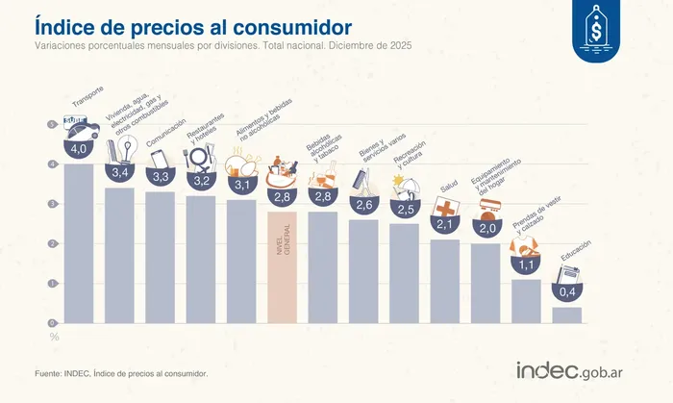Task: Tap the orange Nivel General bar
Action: (x=282, y=269)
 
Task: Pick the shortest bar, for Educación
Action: (x=566, y=315)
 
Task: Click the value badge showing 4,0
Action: (x=79, y=149)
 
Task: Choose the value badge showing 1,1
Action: (x=526, y=264)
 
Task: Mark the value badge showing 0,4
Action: (x=566, y=291)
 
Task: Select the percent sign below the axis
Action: (x=54, y=337)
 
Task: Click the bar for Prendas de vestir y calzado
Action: (x=526, y=301)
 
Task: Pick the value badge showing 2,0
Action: (x=486, y=228)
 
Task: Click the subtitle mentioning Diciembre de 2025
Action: (x=223, y=47)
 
